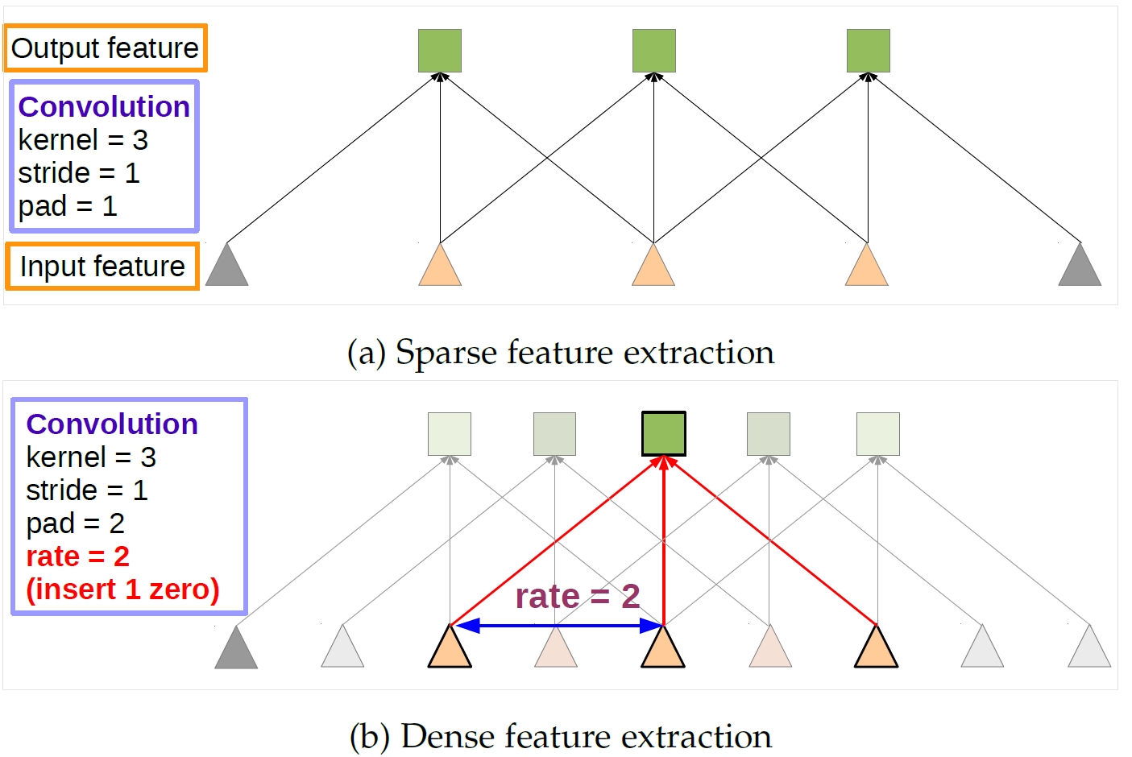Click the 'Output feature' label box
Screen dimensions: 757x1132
coord(105,48)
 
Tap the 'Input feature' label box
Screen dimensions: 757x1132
coord(102,267)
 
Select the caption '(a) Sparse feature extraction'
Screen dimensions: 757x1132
coord(561,353)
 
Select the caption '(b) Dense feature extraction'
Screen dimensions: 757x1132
coord(561,736)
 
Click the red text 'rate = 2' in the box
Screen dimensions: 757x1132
coord(77,556)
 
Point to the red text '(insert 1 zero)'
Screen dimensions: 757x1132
coord(122,589)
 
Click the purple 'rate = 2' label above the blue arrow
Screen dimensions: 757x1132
coord(577,597)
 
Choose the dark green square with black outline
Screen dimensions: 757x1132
coord(663,434)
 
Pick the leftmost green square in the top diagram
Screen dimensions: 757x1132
coord(440,51)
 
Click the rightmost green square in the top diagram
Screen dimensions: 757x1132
coord(868,51)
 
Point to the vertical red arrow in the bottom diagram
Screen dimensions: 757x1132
coord(663,540)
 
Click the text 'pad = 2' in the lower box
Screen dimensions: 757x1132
coord(75,523)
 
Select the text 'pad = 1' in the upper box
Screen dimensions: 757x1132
coord(68,206)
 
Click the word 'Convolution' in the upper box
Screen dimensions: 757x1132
coord(104,107)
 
